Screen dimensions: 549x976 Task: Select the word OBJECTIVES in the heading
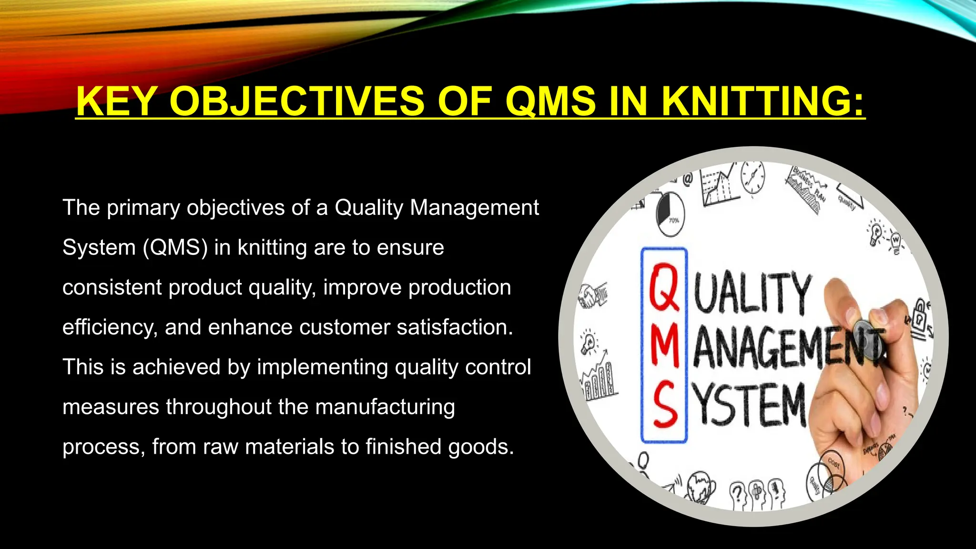click(x=296, y=101)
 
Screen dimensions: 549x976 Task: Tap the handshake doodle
click(x=593, y=295)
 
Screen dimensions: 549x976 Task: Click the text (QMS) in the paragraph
click(x=175, y=248)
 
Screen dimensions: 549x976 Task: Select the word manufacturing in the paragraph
click(x=385, y=407)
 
